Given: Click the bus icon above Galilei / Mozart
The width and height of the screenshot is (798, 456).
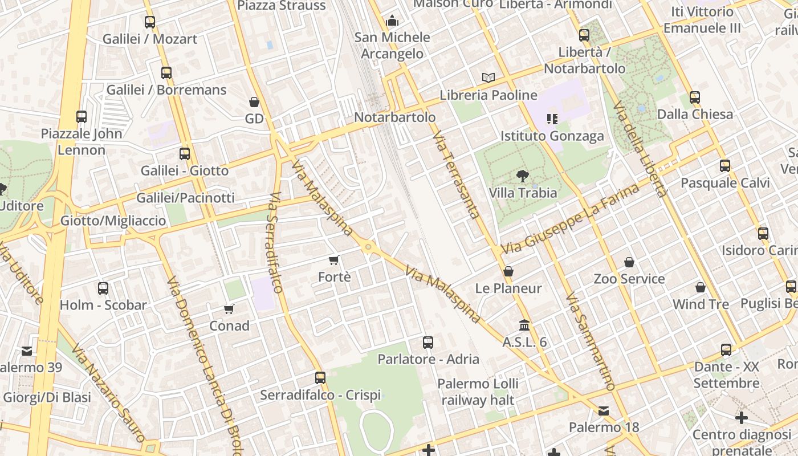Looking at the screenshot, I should click(x=150, y=22).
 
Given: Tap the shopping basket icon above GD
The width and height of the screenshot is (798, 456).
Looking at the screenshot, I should click(x=254, y=102).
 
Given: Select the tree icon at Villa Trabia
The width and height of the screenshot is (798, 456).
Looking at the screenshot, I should click(x=522, y=176).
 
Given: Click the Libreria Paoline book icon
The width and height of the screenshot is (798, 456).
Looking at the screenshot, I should click(x=488, y=78).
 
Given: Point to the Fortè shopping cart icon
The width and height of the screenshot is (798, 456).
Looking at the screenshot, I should click(x=334, y=260).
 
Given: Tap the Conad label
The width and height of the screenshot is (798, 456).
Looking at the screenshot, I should click(x=229, y=326).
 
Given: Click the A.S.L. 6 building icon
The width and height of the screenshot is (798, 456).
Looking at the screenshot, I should click(x=524, y=325).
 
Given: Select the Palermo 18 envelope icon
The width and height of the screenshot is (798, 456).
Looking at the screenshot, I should click(x=604, y=410).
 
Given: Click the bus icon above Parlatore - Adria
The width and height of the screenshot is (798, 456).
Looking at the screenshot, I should click(x=428, y=343).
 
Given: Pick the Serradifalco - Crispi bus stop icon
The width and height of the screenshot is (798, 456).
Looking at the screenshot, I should click(x=320, y=377).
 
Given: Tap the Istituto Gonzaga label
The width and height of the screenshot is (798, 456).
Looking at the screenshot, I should click(x=552, y=136).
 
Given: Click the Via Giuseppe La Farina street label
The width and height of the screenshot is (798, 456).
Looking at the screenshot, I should click(x=570, y=219).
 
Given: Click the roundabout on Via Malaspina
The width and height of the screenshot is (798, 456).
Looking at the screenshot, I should click(x=368, y=247).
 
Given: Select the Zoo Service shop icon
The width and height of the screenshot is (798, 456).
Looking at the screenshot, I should click(x=629, y=262).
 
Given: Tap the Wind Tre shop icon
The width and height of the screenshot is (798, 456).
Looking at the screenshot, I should click(x=701, y=287).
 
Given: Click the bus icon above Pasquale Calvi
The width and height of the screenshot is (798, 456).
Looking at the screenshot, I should click(x=725, y=166).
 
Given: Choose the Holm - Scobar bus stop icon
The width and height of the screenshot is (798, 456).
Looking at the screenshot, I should click(x=103, y=288).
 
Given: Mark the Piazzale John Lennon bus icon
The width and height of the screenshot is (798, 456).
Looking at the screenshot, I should click(x=82, y=117).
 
